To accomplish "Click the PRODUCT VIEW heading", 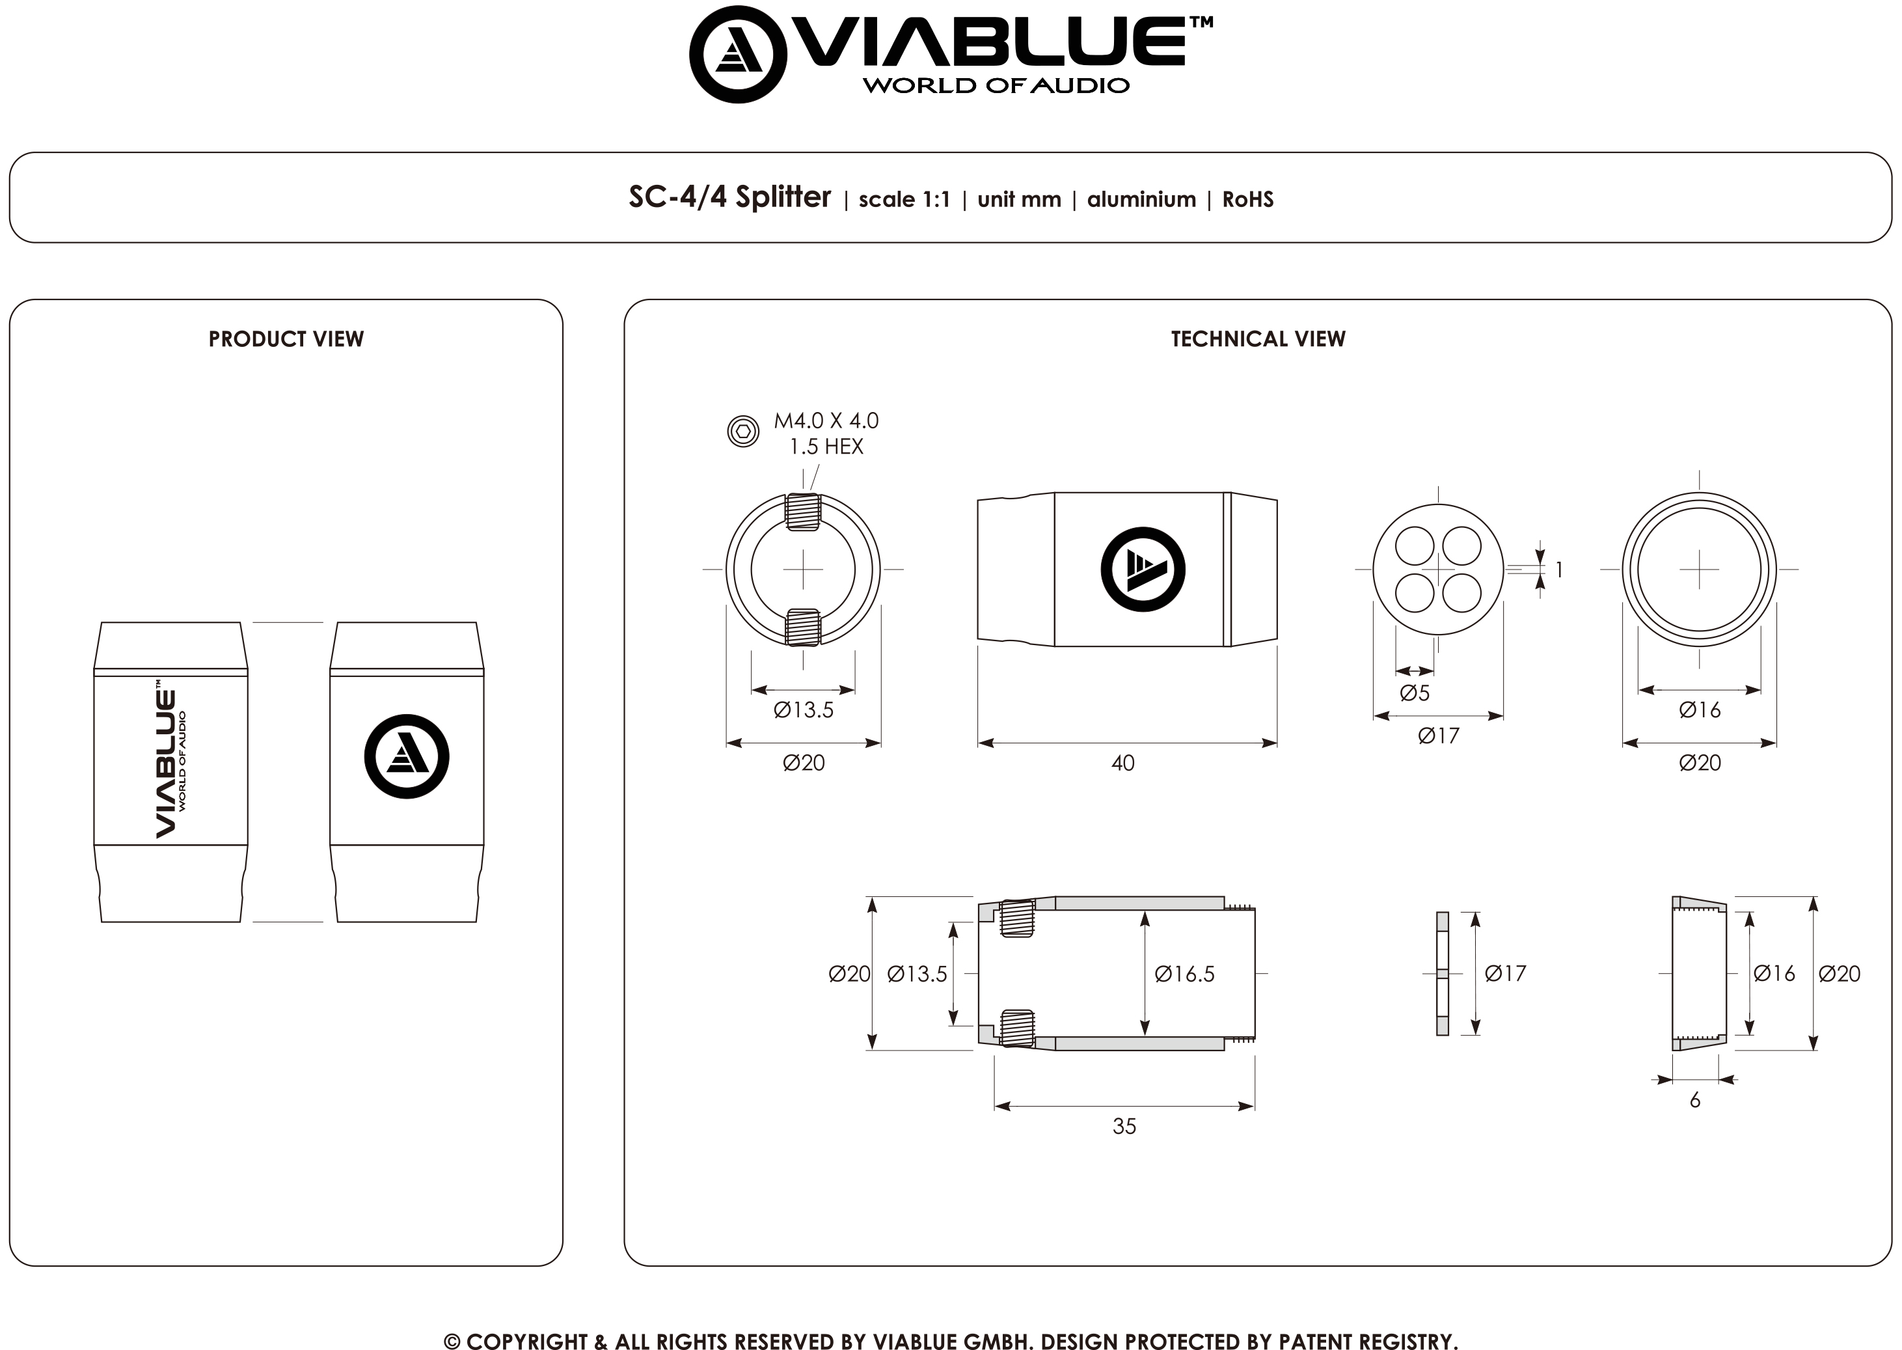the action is click(286, 339).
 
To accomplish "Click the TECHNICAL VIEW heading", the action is click(1258, 339).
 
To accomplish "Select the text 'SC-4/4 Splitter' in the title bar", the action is click(729, 197).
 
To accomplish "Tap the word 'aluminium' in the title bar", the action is click(1142, 200).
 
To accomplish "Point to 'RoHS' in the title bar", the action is click(1248, 200).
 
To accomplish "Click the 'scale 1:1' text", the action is click(904, 200).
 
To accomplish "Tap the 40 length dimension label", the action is click(1122, 763).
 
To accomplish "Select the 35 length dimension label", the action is click(1124, 1126).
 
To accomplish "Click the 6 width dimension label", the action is click(1695, 1101).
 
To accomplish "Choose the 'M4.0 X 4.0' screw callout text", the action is click(826, 421).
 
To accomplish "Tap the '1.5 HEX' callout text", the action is click(826, 447).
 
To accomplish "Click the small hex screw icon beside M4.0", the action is click(743, 432).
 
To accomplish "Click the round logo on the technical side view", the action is click(1143, 570).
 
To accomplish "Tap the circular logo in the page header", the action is click(738, 55).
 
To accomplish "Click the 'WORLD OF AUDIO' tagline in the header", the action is click(996, 86).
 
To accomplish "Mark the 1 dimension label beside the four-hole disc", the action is click(1559, 570).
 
